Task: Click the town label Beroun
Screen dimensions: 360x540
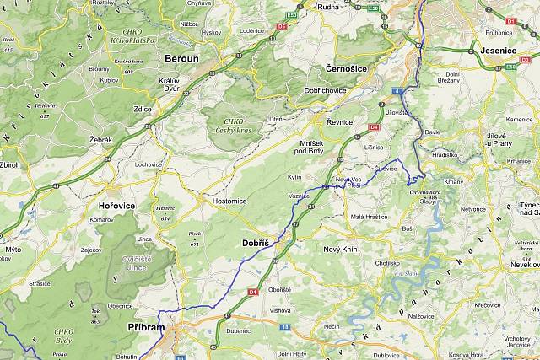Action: tap(182, 59)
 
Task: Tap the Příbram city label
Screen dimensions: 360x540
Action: tap(147, 326)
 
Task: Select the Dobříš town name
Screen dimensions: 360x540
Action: tap(255, 243)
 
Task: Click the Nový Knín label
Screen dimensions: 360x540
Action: tap(342, 250)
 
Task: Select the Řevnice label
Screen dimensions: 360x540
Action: tap(339, 122)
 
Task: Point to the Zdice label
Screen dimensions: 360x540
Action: tap(141, 110)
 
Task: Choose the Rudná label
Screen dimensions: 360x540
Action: tap(327, 7)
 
